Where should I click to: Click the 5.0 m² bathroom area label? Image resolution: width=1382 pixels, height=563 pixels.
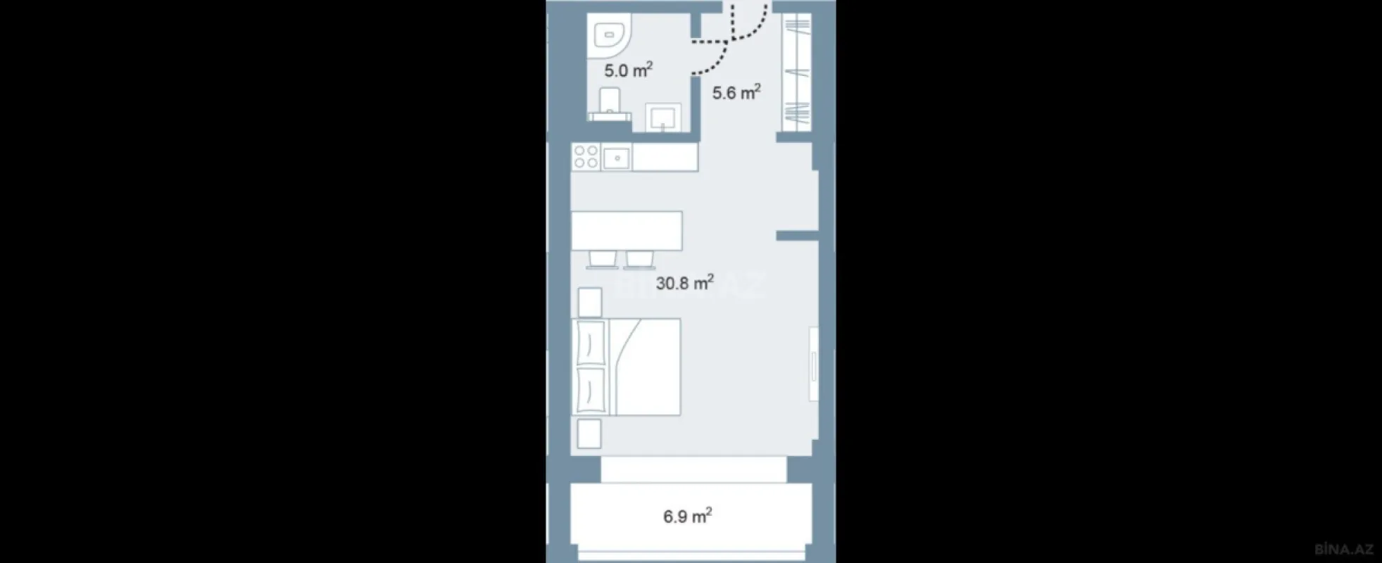tap(628, 70)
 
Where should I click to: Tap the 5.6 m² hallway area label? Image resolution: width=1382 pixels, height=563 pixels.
tap(736, 92)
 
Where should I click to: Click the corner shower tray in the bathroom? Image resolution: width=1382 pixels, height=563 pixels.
tap(610, 36)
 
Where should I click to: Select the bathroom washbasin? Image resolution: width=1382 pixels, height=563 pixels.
tap(663, 118)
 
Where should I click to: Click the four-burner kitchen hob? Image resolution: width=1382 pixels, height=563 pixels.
tap(585, 158)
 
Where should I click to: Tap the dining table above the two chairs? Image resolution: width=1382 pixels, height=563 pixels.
tap(627, 231)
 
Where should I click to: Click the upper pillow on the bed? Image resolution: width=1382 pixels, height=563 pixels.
tap(590, 343)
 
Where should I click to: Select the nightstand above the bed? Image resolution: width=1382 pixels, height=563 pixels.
tap(590, 302)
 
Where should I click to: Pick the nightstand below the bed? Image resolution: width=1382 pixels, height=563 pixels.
tap(589, 434)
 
